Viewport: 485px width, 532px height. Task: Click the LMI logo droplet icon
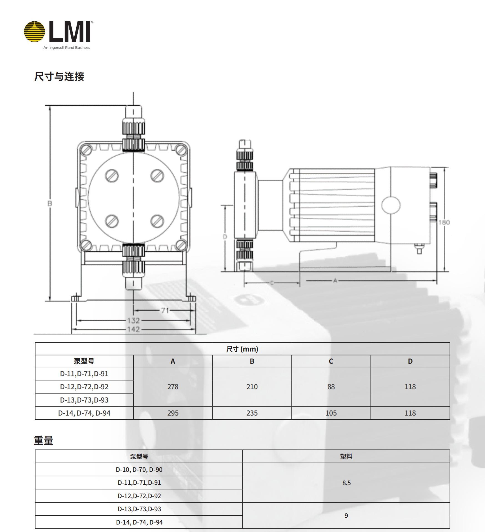coord(34,31)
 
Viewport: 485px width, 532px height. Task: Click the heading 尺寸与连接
coord(59,77)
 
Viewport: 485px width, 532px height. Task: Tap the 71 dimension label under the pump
coord(165,310)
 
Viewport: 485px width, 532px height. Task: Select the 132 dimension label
coord(133,320)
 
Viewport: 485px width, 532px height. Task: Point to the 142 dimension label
coord(133,329)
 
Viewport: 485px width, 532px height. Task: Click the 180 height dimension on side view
coord(444,222)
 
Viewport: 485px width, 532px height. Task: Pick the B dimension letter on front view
coord(50,203)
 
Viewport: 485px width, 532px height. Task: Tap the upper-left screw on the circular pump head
coord(112,175)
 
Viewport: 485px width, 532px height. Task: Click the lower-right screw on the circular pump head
coord(157,221)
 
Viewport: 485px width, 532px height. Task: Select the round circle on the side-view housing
coord(391,205)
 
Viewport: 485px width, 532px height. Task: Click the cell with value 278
coord(173,387)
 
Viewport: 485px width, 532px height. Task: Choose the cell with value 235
coord(252,413)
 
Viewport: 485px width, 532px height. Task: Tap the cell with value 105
coord(331,413)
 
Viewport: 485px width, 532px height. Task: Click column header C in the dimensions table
coord(331,361)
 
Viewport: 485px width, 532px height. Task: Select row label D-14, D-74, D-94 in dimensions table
coord(84,413)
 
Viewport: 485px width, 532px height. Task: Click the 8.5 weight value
coord(346,483)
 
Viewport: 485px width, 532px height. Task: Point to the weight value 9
coord(346,516)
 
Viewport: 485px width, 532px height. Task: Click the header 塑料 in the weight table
coord(346,457)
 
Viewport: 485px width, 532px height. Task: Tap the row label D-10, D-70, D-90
coord(139,470)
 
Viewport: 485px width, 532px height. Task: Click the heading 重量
coord(44,441)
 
